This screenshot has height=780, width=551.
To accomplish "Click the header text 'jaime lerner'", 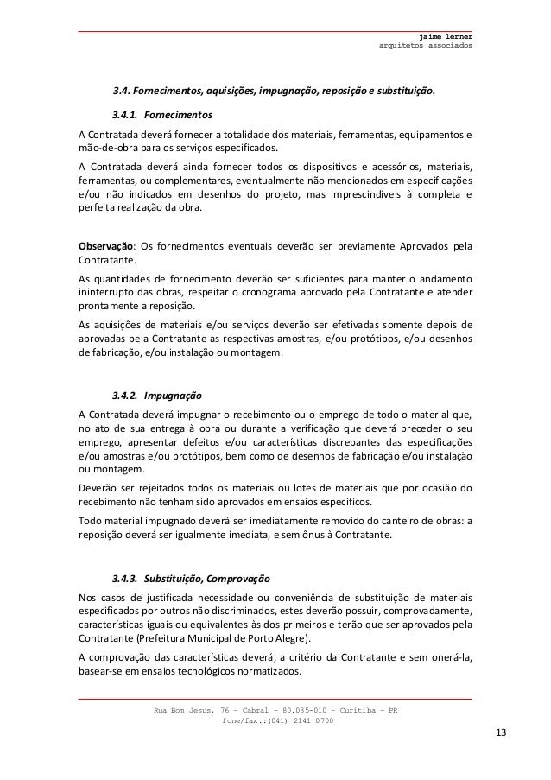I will tap(445, 37).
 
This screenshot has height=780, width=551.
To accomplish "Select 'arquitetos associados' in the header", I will tap(426, 46).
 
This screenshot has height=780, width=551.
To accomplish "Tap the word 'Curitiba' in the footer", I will tap(349, 710).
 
